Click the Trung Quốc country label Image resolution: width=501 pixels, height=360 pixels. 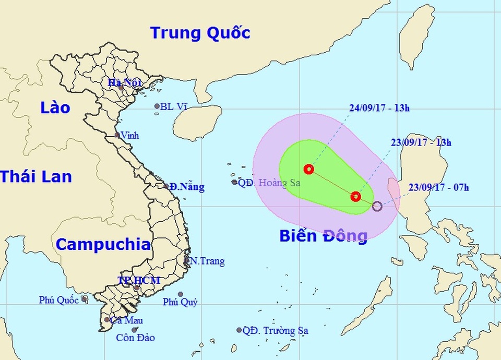[200, 33]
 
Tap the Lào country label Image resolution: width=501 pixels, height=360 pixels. [55, 108]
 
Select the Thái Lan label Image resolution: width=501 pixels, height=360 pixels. [36, 176]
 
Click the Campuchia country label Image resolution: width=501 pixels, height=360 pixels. [103, 244]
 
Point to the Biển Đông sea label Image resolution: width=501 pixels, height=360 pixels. [323, 236]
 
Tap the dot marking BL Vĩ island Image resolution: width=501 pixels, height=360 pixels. [157, 106]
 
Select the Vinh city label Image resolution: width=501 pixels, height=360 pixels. [130, 135]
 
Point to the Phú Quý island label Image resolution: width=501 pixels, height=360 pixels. [180, 302]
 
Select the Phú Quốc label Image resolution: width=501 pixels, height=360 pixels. [58, 300]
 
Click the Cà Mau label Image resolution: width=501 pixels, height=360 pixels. [127, 320]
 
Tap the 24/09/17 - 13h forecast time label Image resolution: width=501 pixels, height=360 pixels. [379, 109]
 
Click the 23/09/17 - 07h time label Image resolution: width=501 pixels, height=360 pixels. [438, 187]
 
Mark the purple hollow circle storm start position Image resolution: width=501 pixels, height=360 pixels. [377, 207]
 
